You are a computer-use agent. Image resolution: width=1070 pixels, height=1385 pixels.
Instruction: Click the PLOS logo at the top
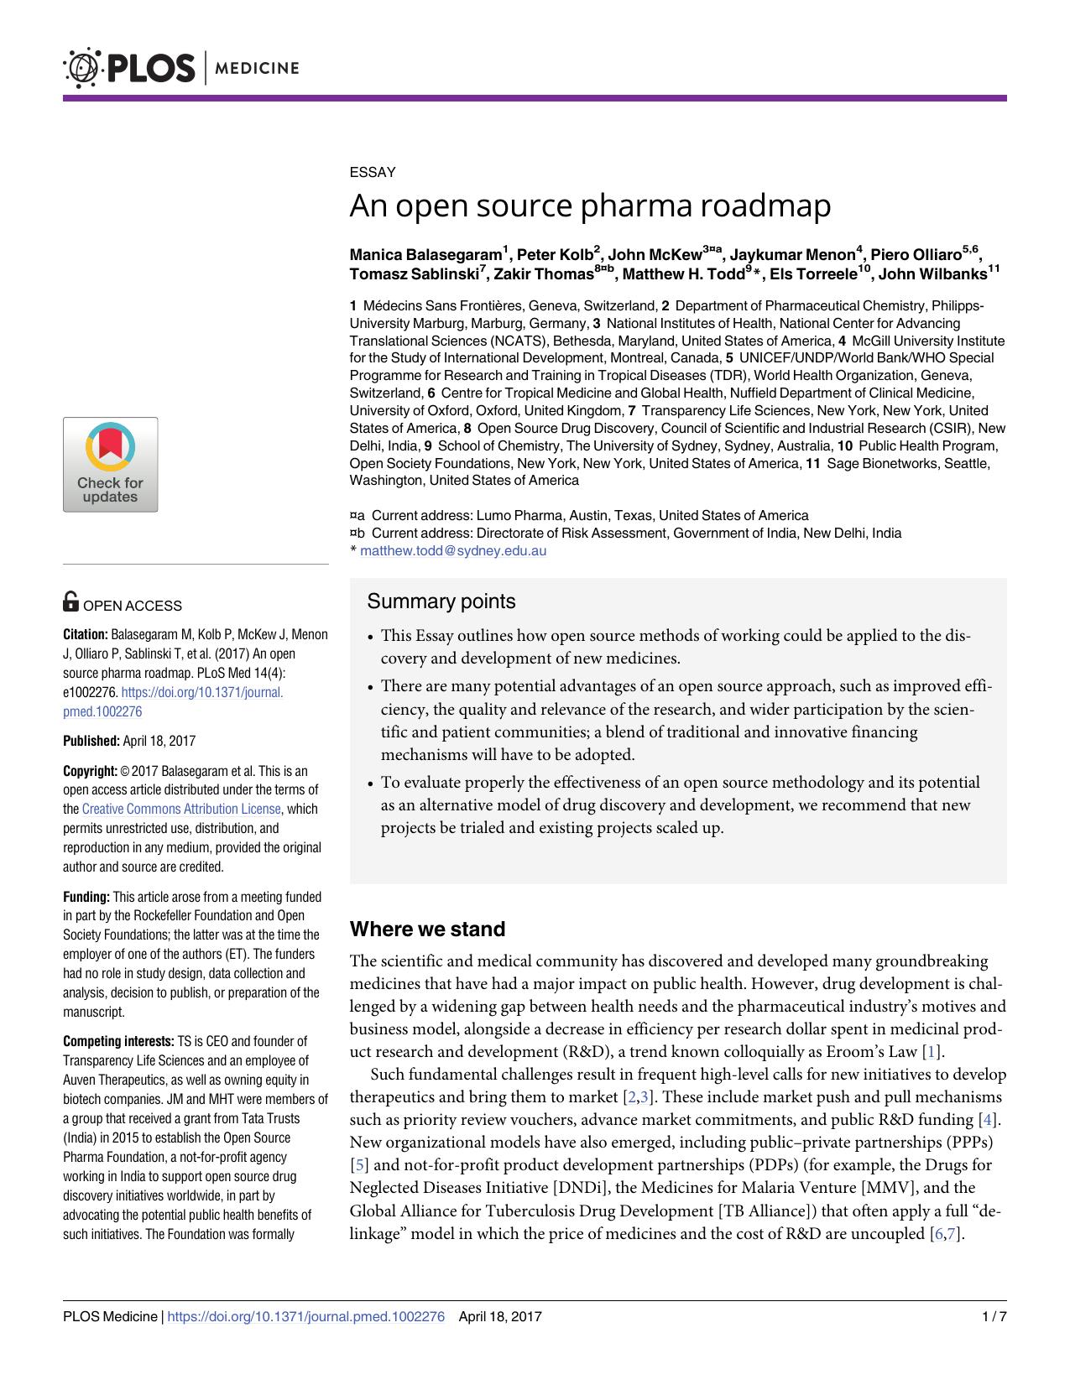pyautogui.click(x=129, y=68)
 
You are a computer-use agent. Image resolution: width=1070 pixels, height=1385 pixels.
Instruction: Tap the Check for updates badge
pyautogui.click(x=110, y=465)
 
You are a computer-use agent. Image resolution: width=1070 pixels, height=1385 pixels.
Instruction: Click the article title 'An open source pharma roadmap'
pyautogui.click(x=590, y=206)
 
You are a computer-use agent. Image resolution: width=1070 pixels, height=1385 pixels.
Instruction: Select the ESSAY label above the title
pyautogui.click(x=372, y=172)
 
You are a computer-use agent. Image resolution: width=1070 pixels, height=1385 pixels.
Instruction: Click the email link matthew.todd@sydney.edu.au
pyautogui.click(x=453, y=551)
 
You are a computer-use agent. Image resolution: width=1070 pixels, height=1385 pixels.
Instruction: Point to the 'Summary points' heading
pyautogui.click(x=441, y=601)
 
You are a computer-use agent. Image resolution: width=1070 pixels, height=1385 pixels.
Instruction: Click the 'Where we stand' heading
pyautogui.click(x=427, y=929)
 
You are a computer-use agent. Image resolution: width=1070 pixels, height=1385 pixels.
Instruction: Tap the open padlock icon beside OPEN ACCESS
pyautogui.click(x=71, y=601)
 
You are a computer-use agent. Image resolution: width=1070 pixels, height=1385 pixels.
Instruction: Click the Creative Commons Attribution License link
pyautogui.click(x=181, y=810)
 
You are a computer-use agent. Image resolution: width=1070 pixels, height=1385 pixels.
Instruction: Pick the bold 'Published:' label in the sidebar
pyautogui.click(x=91, y=741)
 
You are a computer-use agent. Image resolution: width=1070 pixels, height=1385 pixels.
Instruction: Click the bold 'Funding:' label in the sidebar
pyautogui.click(x=86, y=897)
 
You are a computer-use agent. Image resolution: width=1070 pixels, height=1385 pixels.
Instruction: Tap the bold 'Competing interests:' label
pyautogui.click(x=118, y=1042)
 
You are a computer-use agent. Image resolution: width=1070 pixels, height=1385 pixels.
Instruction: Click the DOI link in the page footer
pyautogui.click(x=305, y=1317)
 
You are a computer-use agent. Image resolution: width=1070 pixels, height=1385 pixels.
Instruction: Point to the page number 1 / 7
pyautogui.click(x=993, y=1317)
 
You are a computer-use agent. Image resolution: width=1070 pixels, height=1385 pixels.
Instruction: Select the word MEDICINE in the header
pyautogui.click(x=258, y=68)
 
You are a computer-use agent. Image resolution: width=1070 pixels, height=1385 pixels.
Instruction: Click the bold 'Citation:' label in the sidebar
pyautogui.click(x=86, y=635)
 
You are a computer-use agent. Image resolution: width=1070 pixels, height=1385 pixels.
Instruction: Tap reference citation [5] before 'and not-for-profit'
pyautogui.click(x=358, y=1165)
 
